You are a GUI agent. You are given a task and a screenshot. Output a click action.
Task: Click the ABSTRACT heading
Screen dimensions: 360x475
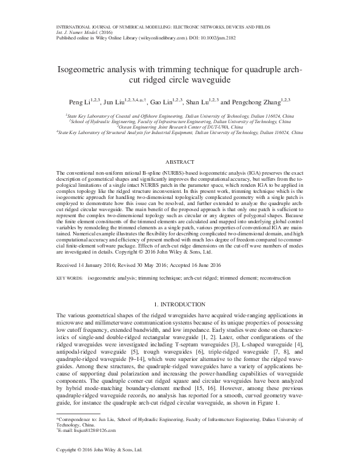(179, 163)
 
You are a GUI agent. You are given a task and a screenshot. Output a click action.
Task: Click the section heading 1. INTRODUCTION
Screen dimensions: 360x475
(180, 303)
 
